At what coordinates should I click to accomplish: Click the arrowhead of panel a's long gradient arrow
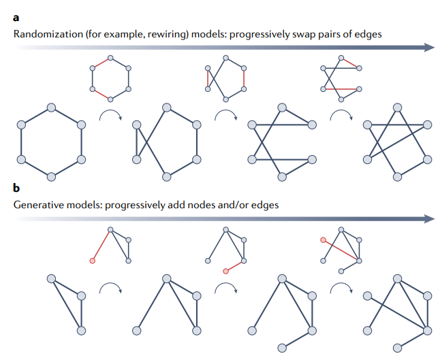pyautogui.click(x=429, y=48)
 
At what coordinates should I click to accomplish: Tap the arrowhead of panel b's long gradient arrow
pyautogui.click(x=429, y=218)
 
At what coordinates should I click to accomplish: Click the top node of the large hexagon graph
pyautogui.click(x=51, y=107)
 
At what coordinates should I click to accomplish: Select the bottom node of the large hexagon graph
pyautogui.click(x=51, y=176)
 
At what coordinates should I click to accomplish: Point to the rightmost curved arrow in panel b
pyautogui.click(x=341, y=289)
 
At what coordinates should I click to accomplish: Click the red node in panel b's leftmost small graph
pyautogui.click(x=92, y=261)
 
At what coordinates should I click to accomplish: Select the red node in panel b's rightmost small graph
pyautogui.click(x=323, y=240)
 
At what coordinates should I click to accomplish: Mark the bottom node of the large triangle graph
pyautogui.click(x=81, y=329)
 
